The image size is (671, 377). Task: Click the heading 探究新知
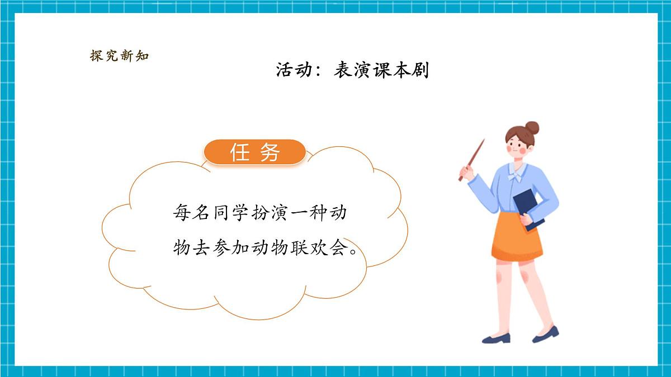pos(119,56)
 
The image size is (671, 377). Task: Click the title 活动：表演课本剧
pos(352,70)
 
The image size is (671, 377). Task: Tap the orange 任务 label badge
pos(255,152)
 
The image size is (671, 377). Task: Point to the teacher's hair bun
pos(532,128)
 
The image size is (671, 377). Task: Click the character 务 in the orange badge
pos(270,152)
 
